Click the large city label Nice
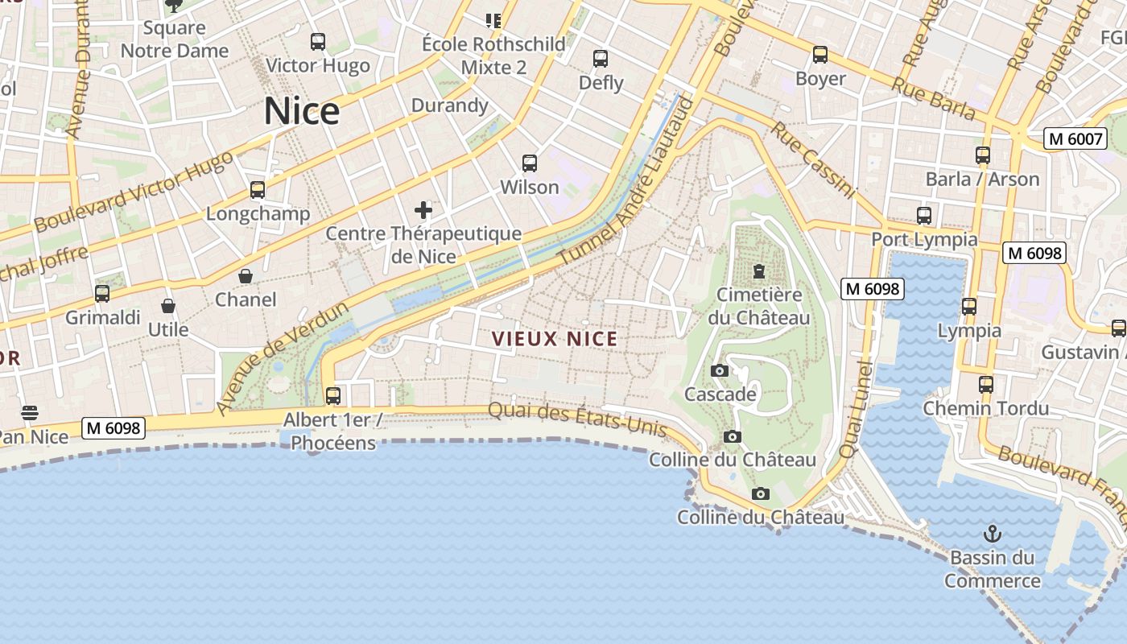pyautogui.click(x=302, y=111)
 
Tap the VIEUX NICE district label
pyautogui.click(x=555, y=339)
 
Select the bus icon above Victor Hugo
pyautogui.click(x=318, y=41)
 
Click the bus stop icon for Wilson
pyautogui.click(x=530, y=163)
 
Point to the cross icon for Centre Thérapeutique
pyautogui.click(x=423, y=211)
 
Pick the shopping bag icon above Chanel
pyautogui.click(x=246, y=276)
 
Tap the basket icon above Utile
pyautogui.click(x=168, y=306)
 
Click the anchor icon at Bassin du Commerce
pyautogui.click(x=993, y=533)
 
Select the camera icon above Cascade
pyautogui.click(x=720, y=370)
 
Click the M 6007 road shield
pyautogui.click(x=1075, y=138)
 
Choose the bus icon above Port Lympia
pyautogui.click(x=924, y=216)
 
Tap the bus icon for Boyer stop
pyautogui.click(x=820, y=55)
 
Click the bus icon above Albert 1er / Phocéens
pyautogui.click(x=332, y=396)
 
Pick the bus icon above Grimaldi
pyautogui.click(x=102, y=294)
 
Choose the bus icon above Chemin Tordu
pyautogui.click(x=986, y=385)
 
